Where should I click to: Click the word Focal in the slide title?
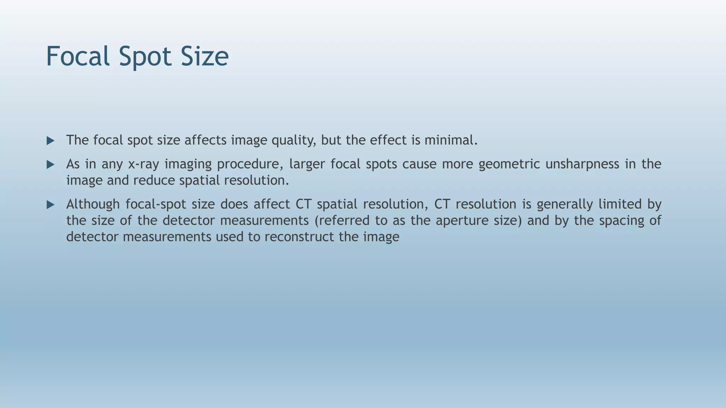tap(78, 56)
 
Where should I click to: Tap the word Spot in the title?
tap(145, 56)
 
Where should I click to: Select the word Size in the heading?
tap(205, 56)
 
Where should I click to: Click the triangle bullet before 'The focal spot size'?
tap(50, 141)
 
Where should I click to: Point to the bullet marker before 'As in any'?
tap(50, 165)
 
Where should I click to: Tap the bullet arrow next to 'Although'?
tap(50, 205)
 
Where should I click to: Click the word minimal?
tap(451, 140)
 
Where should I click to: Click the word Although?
tap(93, 204)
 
